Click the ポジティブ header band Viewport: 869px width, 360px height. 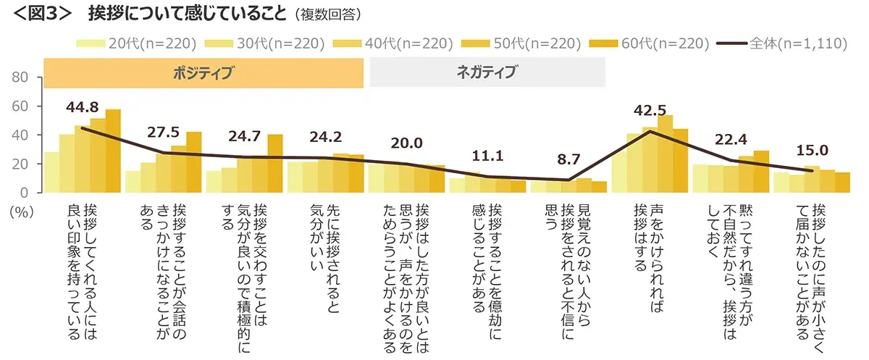[203, 72]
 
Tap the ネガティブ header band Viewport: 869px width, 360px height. [487, 72]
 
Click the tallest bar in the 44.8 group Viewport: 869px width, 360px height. [113, 151]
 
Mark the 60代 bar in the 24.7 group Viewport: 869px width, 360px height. [275, 163]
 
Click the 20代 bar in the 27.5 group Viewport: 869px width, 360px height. [133, 181]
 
